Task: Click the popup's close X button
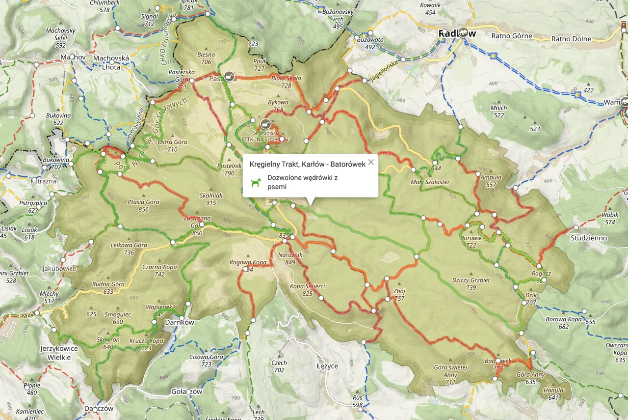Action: tap(371, 163)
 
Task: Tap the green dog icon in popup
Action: tap(256, 183)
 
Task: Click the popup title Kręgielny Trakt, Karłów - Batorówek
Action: tap(307, 164)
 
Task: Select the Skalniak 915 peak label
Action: tap(211, 199)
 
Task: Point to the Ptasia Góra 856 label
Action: tap(143, 205)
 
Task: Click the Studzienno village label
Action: tap(589, 238)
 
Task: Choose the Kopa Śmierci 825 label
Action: tap(308, 290)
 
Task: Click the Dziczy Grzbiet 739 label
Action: tap(471, 283)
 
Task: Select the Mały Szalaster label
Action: tap(430, 182)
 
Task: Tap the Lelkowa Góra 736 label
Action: tap(122, 249)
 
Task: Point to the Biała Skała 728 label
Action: tap(286, 82)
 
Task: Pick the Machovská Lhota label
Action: tap(111, 62)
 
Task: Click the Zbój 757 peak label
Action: tap(399, 294)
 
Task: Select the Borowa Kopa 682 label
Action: tap(563, 323)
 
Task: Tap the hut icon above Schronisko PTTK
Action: tap(265, 123)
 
